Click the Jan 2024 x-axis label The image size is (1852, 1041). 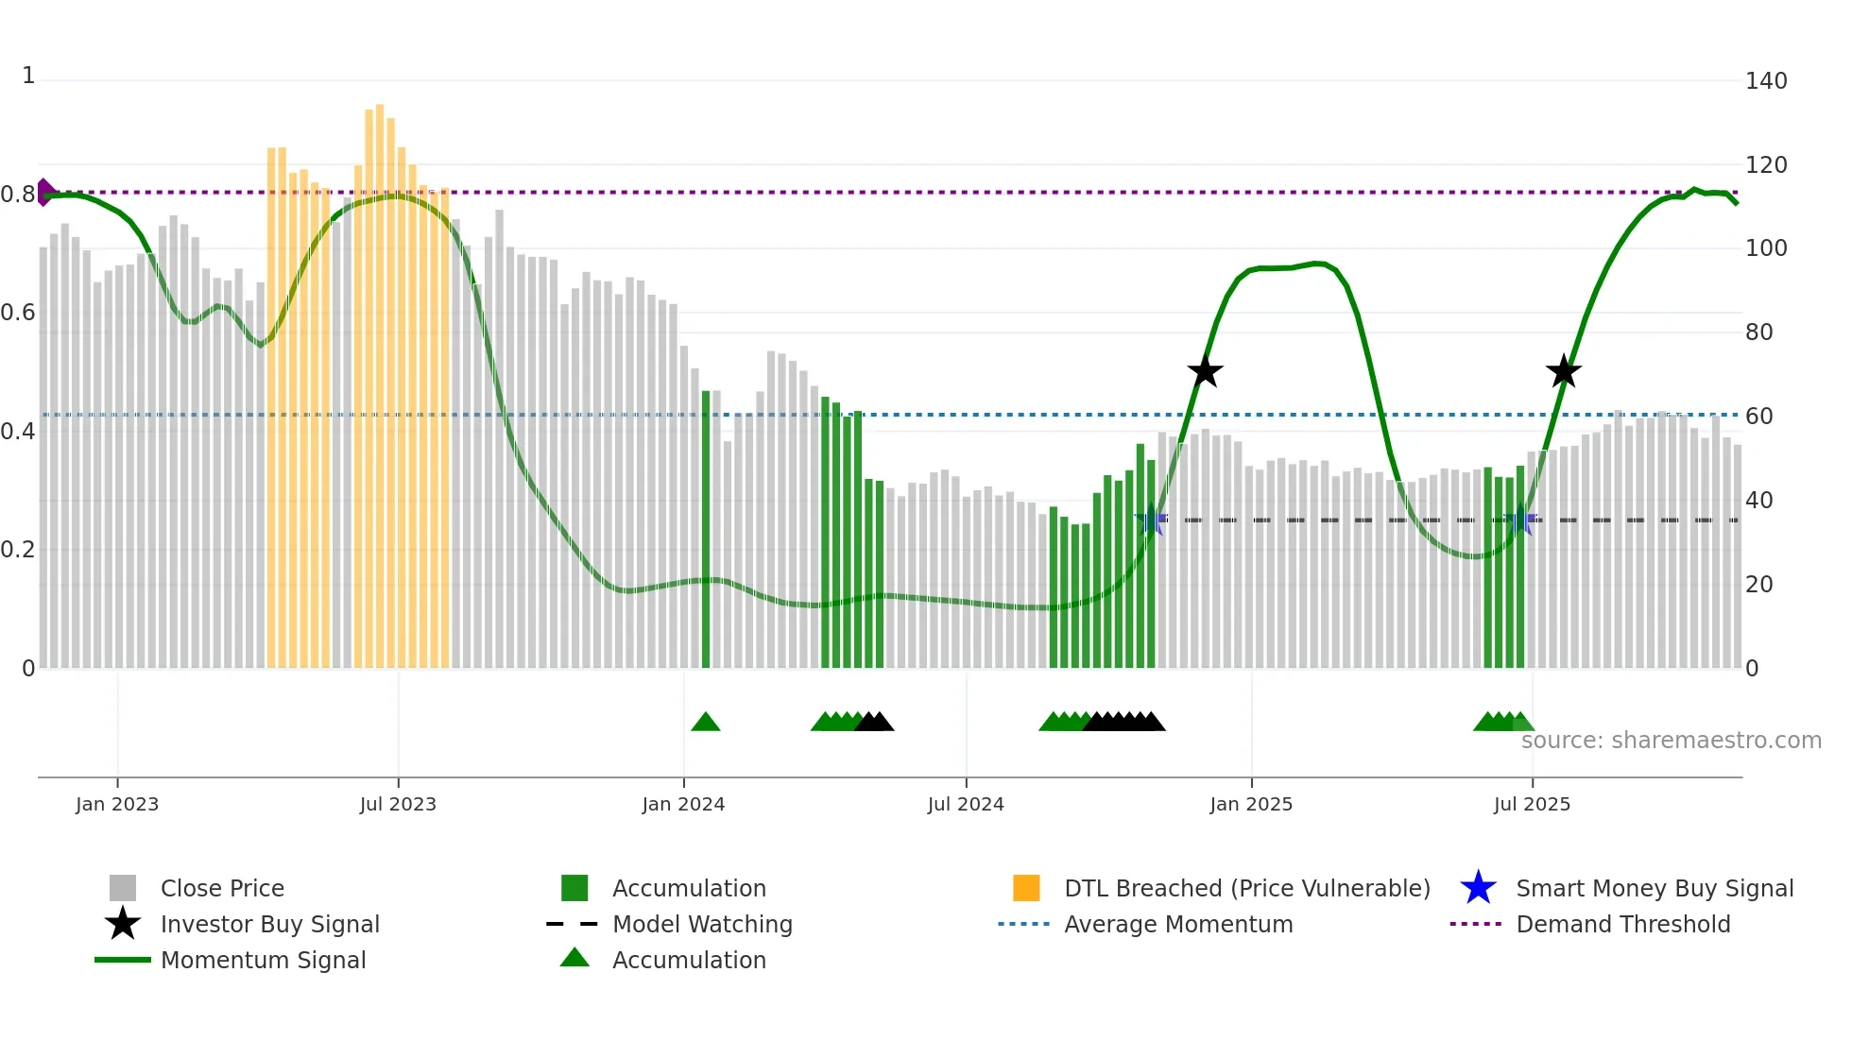pyautogui.click(x=683, y=804)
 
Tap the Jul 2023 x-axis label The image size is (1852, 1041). pyautogui.click(x=398, y=804)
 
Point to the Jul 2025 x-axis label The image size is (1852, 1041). pyautogui.click(x=1532, y=804)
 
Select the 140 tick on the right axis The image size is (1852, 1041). pyautogui.click(x=1765, y=81)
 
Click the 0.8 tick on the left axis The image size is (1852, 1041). pyautogui.click(x=18, y=195)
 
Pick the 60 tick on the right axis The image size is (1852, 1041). pyautogui.click(x=1758, y=417)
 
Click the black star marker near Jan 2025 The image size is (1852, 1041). pyautogui.click(x=1205, y=372)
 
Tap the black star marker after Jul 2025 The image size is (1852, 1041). pyautogui.click(x=1564, y=372)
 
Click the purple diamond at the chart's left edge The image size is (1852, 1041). pyautogui.click(x=44, y=192)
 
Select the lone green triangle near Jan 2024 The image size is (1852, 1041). pyautogui.click(x=706, y=723)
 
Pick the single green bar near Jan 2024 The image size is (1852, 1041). pyautogui.click(x=706, y=529)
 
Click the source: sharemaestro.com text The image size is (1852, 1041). pyautogui.click(x=1671, y=741)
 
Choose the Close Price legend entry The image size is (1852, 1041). pyautogui.click(x=221, y=888)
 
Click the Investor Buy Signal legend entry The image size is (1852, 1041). pyautogui.click(x=269, y=924)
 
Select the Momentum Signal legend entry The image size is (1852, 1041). pyautogui.click(x=263, y=960)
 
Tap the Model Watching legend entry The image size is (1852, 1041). pyautogui.click(x=701, y=924)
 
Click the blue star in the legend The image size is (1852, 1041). pyautogui.click(x=1478, y=888)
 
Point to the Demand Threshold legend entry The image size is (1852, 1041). pyautogui.click(x=1622, y=924)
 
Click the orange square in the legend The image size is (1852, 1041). pyautogui.click(x=1026, y=888)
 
